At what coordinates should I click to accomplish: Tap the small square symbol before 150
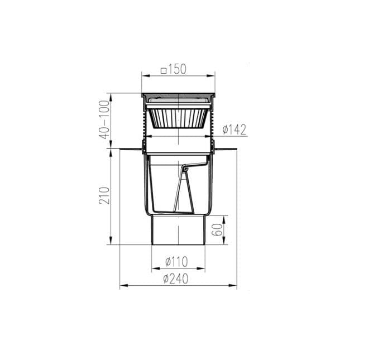pyautogui.click(x=164, y=71)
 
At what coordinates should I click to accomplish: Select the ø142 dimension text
pyautogui.click(x=234, y=129)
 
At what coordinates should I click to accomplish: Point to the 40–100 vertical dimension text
pyautogui.click(x=104, y=119)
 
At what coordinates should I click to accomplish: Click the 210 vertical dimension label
pyautogui.click(x=104, y=195)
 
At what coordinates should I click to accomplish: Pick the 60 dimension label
pyautogui.click(x=217, y=229)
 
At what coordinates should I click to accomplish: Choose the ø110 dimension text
pyautogui.click(x=177, y=261)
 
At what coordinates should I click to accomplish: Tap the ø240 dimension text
pyautogui.click(x=176, y=279)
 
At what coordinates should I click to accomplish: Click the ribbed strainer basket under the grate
pyautogui.click(x=178, y=118)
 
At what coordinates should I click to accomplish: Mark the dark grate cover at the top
pyautogui.click(x=178, y=95)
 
